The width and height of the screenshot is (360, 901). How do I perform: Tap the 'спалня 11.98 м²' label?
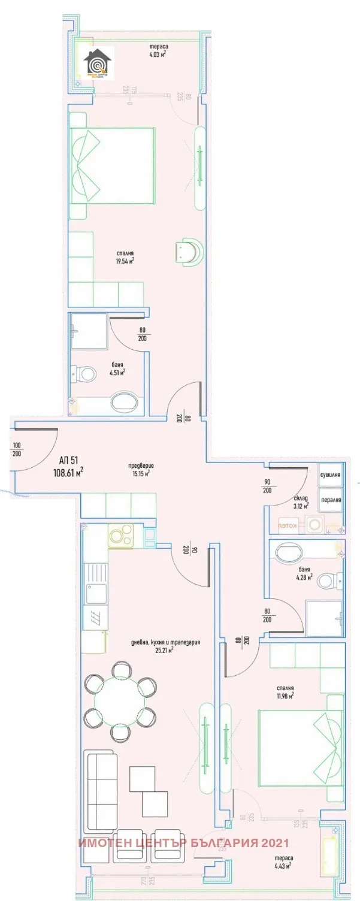pos(285,692)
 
